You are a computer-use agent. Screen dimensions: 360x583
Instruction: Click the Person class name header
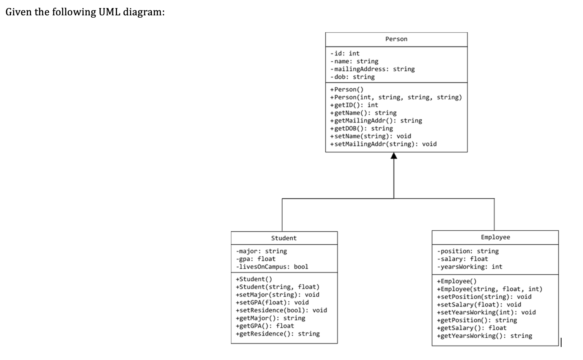[x=396, y=39]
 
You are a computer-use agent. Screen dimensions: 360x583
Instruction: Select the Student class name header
[x=284, y=238]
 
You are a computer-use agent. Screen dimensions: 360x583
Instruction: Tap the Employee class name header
[x=495, y=237]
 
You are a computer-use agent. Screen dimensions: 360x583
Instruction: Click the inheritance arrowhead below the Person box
[x=394, y=155]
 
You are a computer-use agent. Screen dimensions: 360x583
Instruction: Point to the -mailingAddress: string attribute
[x=372, y=69]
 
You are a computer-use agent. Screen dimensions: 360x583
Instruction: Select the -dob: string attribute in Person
[x=352, y=77]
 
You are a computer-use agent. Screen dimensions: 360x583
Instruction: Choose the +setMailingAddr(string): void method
[x=383, y=144]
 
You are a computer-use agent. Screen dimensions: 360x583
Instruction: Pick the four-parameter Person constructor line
[x=396, y=97]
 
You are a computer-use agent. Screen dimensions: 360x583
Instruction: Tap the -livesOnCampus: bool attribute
[x=272, y=266]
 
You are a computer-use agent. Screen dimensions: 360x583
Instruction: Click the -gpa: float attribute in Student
[x=255, y=259]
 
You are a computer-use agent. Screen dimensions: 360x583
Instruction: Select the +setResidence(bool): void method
[x=281, y=310]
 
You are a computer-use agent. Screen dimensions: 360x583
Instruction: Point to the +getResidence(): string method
[x=278, y=334]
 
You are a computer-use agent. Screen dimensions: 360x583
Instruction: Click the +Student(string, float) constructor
[x=277, y=287]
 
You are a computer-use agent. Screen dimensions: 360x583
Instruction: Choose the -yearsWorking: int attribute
[x=469, y=266]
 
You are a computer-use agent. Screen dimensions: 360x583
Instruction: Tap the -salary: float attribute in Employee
[x=462, y=259]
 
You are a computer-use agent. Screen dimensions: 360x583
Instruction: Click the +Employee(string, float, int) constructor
[x=489, y=289]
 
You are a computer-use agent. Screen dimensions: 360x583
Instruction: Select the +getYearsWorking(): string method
[x=484, y=336]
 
